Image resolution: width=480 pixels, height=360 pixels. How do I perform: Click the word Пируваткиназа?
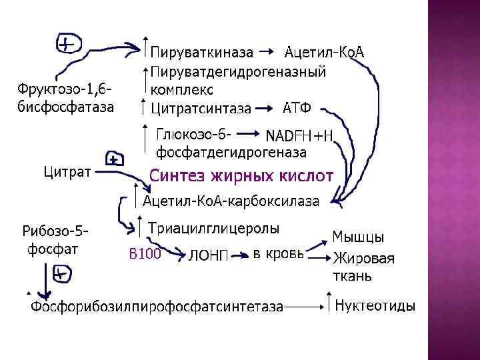pyautogui.click(x=201, y=51)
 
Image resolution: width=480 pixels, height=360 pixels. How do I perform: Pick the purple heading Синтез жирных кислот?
pyautogui.click(x=241, y=177)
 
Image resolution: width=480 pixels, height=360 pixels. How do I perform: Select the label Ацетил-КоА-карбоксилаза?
pyautogui.click(x=231, y=201)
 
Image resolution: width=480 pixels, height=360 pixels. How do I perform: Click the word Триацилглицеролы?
pyautogui.click(x=213, y=228)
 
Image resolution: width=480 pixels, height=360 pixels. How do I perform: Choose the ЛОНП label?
pyautogui.click(x=209, y=255)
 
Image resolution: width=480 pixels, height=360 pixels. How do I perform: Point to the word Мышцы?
pyautogui.click(x=358, y=237)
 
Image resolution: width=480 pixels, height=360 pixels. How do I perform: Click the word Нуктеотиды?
pyautogui.click(x=375, y=306)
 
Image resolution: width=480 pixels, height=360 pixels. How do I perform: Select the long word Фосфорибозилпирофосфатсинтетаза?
pyautogui.click(x=157, y=307)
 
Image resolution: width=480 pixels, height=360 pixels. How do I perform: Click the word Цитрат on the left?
pyautogui.click(x=67, y=172)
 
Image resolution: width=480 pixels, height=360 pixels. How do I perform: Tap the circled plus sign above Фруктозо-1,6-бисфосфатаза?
pyautogui.click(x=67, y=44)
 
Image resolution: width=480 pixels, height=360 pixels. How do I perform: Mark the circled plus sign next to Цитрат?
pyautogui.click(x=114, y=159)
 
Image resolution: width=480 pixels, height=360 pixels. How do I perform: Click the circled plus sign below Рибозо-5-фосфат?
pyautogui.click(x=61, y=273)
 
